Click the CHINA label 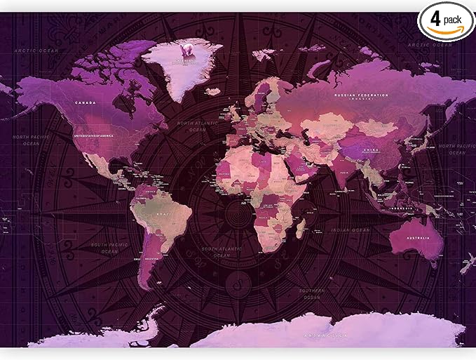tap(371, 149)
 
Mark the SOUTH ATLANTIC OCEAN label tap(217, 252)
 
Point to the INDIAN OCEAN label tap(351, 230)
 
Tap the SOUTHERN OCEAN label tap(311, 293)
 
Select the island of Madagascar tap(301, 227)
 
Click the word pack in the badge tap(454, 16)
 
